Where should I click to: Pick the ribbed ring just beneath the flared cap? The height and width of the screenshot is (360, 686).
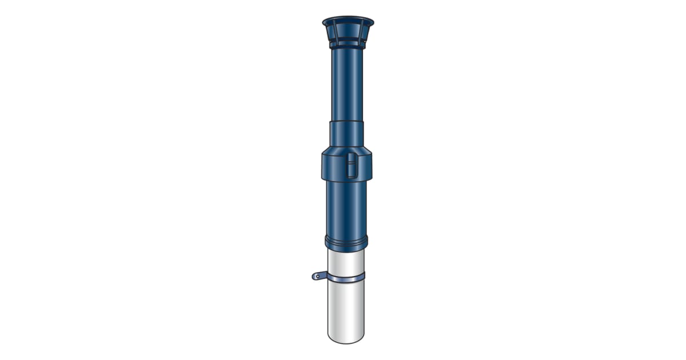(x=348, y=45)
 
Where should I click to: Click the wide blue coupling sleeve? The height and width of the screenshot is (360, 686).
(x=334, y=166)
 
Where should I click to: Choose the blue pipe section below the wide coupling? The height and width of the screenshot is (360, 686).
(x=346, y=209)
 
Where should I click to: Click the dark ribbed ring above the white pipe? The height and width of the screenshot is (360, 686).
(x=346, y=242)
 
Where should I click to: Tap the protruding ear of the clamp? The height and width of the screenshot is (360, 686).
(x=318, y=276)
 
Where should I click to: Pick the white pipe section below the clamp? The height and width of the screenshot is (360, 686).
(x=346, y=309)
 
